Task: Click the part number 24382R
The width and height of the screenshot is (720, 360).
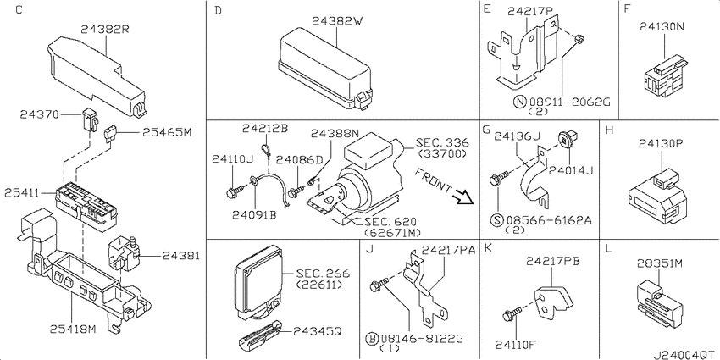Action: [104, 28]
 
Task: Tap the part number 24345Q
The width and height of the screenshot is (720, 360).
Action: [317, 332]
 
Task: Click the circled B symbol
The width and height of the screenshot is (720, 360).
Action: [371, 338]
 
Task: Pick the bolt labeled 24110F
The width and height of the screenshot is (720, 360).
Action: [509, 314]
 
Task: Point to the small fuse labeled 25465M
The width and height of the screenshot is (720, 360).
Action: [110, 133]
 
